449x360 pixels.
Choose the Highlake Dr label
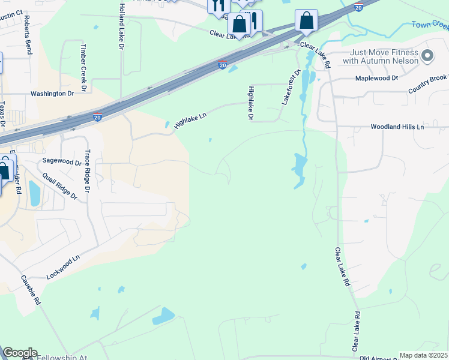tap(250, 103)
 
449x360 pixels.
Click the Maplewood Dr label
tap(376, 78)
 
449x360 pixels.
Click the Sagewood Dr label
tap(61, 162)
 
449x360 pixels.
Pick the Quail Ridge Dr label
tap(60, 186)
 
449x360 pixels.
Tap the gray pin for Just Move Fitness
tap(427, 56)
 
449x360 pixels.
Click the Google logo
tap(19, 353)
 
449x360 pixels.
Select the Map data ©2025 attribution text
tap(423, 355)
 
